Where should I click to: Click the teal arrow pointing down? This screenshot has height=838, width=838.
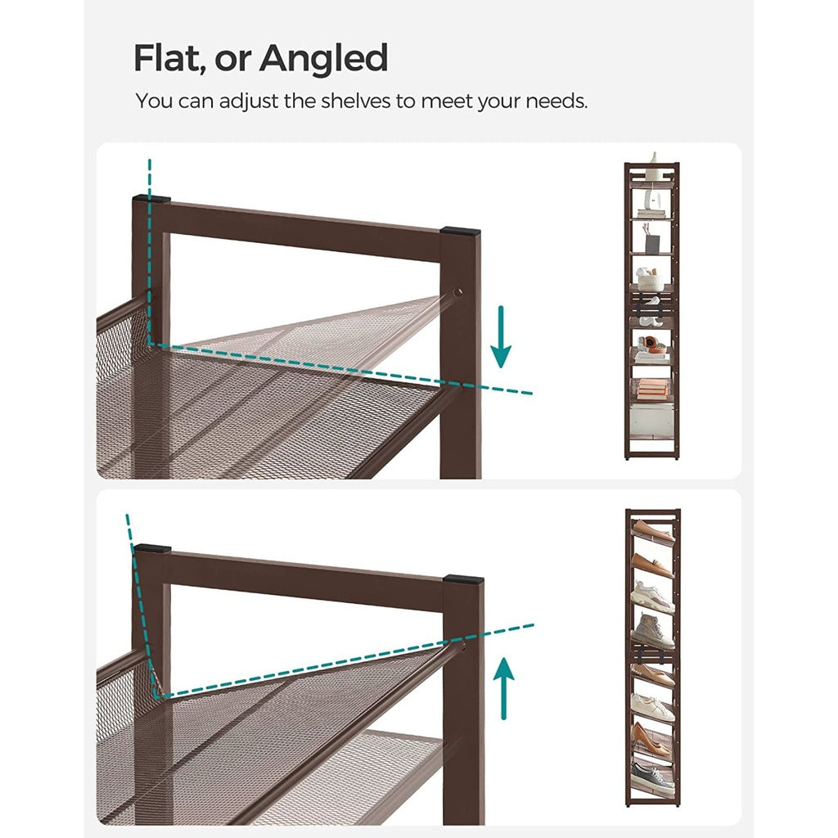tap(501, 344)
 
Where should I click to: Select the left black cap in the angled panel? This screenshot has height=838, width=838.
tap(152, 548)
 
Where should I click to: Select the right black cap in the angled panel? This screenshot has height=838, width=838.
tap(463, 580)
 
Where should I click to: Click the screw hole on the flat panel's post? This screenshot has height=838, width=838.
tap(458, 291)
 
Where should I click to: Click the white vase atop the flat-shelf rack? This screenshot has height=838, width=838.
tap(652, 167)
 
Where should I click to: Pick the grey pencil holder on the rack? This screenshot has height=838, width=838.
tap(653, 243)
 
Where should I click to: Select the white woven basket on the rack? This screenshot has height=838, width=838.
tap(651, 280)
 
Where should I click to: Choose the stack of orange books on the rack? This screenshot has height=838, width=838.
tap(652, 388)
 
